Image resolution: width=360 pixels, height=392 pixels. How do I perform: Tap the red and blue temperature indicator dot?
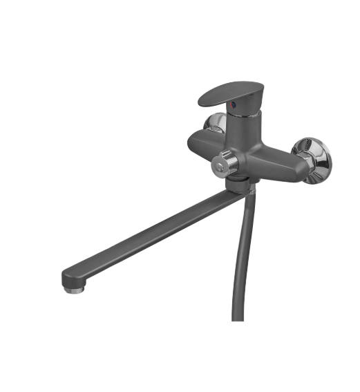(233, 106)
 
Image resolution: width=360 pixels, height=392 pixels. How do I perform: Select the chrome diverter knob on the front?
(226, 162)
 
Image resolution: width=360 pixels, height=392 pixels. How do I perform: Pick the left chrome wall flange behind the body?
(212, 124)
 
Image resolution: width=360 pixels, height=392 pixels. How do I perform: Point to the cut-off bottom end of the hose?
(238, 317)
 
